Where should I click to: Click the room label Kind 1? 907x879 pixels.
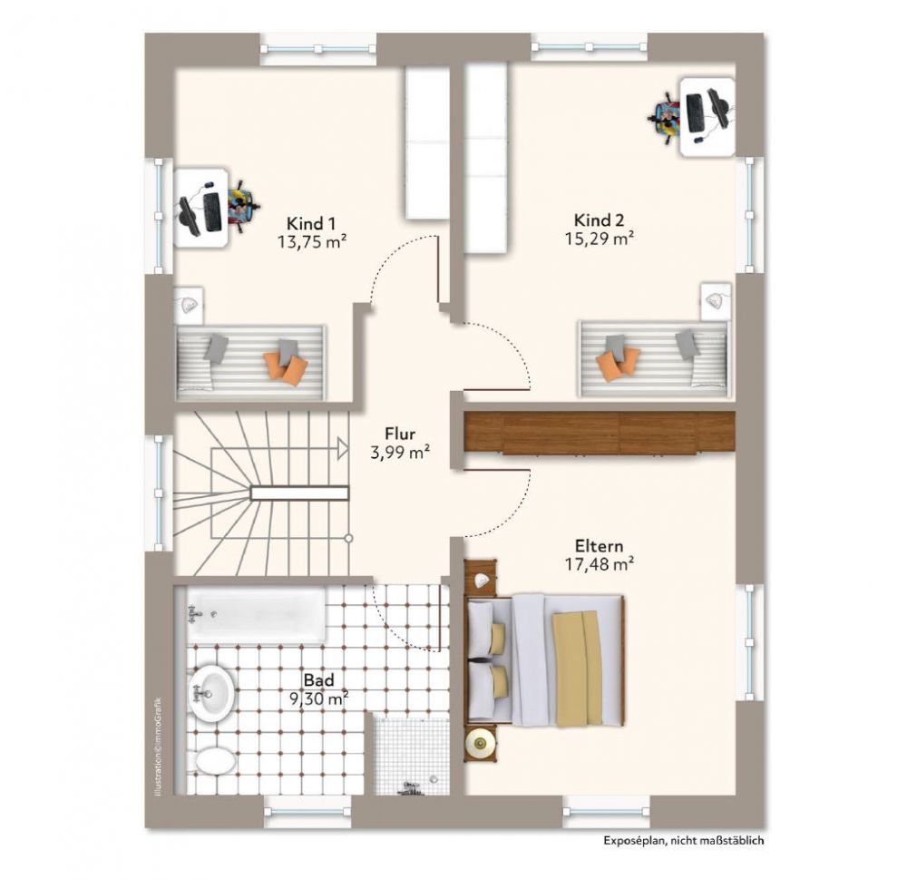click(312, 223)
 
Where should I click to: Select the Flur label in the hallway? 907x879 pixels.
click(400, 434)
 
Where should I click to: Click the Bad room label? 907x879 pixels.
click(318, 680)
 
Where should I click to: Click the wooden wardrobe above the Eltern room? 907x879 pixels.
click(599, 433)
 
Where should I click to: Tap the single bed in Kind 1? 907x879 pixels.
click(250, 361)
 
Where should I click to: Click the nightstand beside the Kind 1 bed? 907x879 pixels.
click(189, 304)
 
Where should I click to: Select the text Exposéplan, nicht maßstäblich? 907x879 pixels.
click(685, 841)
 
